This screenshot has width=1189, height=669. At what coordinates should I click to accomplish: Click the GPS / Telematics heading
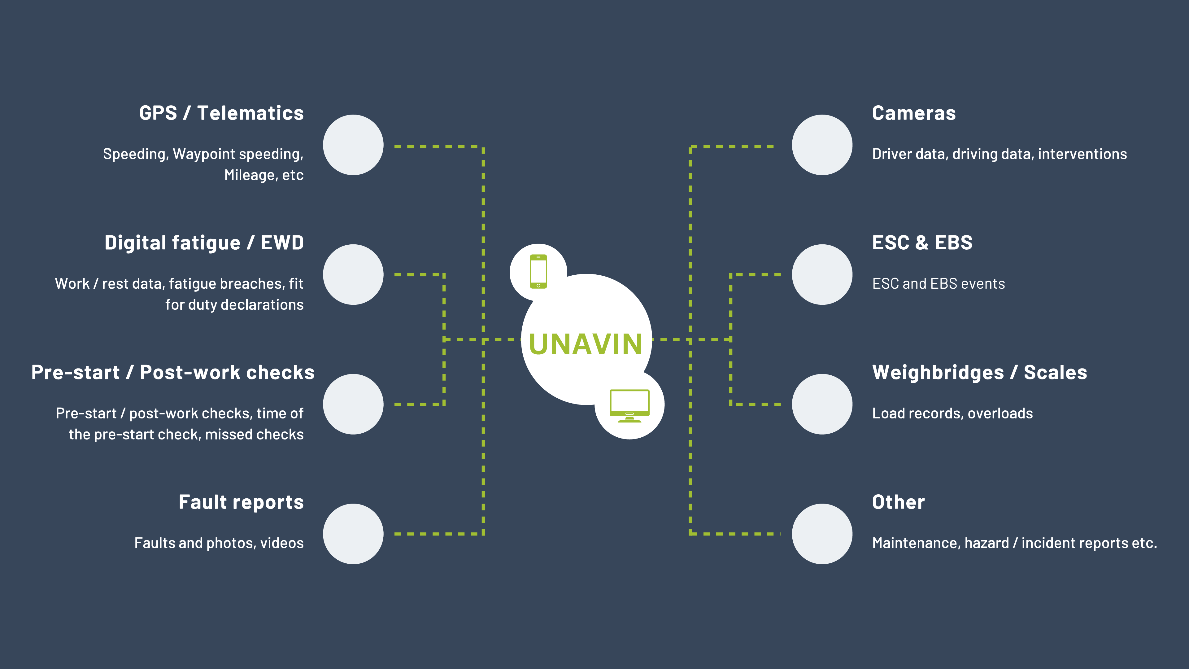[222, 113]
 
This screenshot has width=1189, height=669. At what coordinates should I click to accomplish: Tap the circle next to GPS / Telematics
[353, 145]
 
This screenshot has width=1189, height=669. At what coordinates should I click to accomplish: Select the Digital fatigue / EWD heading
[204, 243]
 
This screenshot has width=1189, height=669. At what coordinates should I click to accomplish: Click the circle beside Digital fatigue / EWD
[353, 275]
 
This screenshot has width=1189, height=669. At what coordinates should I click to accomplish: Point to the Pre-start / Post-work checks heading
[173, 373]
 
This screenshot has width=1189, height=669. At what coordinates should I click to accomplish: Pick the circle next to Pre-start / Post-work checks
[353, 404]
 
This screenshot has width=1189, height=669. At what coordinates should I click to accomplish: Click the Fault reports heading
[241, 502]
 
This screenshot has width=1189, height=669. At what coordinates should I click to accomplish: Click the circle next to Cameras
[822, 145]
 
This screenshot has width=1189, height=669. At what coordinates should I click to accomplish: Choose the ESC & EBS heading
[922, 243]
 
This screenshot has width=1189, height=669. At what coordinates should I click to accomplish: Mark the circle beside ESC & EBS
[822, 275]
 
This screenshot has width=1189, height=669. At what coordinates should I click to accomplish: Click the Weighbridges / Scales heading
[979, 373]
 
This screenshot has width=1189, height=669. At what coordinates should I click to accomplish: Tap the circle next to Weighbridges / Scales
[822, 404]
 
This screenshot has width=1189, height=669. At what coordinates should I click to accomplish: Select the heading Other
[898, 502]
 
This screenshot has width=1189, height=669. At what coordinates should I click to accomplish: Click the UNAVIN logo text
[585, 344]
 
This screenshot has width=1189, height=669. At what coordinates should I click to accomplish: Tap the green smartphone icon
[538, 272]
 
